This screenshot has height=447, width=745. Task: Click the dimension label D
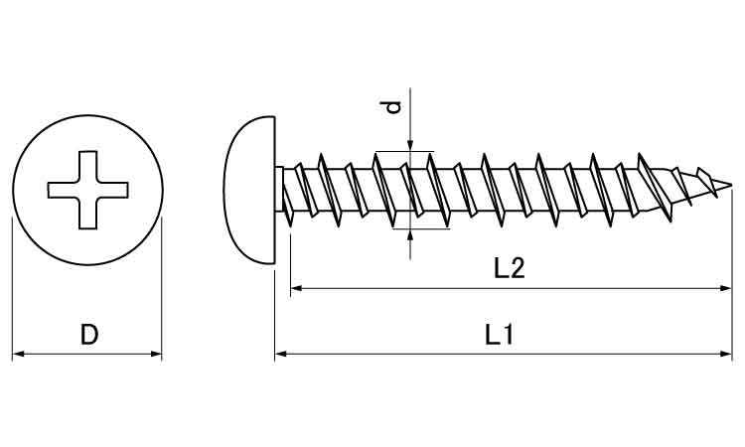tap(88, 335)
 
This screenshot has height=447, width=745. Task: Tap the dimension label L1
tap(500, 335)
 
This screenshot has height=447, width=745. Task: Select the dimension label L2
tap(509, 268)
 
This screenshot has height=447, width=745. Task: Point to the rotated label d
tap(393, 108)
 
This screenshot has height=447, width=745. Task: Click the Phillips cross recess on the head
tap(87, 190)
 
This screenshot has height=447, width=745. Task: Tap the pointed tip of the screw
tap(731, 185)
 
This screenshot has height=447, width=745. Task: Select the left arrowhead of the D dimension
tap(18, 354)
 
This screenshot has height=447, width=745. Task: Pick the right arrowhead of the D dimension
tap(156, 354)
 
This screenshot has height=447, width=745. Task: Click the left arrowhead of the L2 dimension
tap(297, 288)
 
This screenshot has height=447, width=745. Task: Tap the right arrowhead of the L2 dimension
tap(725, 288)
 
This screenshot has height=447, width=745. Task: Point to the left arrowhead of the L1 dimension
tap(281, 354)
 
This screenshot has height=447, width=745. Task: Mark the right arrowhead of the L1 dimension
tap(726, 354)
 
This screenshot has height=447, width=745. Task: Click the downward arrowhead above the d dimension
tap(410, 145)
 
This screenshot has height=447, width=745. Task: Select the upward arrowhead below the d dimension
tap(410, 235)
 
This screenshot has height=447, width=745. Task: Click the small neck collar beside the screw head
tap(279, 190)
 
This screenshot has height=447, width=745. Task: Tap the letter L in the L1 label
tap(493, 335)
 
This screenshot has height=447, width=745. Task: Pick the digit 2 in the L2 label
tap(518, 268)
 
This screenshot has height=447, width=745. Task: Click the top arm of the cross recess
tap(87, 166)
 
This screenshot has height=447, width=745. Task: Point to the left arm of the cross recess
tap(64, 190)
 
